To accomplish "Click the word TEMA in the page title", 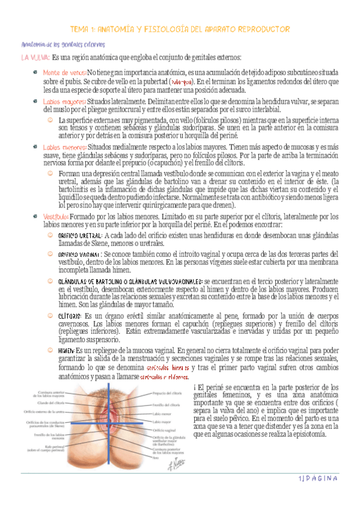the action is (81, 29).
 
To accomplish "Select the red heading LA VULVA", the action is (35, 58).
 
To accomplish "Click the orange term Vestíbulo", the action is (56, 217).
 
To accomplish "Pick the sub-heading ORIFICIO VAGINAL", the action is (79, 254).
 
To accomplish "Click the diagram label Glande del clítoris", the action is (50, 386).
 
